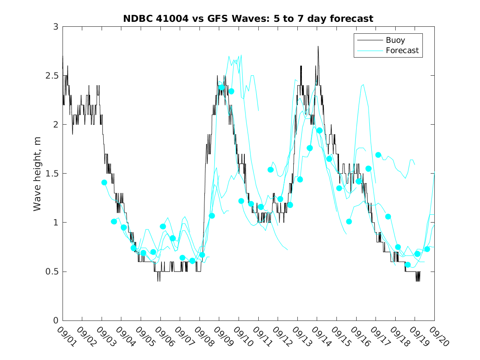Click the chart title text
coord(248,19)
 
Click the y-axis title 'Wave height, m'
coord(37,174)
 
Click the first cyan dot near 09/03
coord(104,182)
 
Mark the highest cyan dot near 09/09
coord(222,87)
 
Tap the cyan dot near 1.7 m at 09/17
coord(378,155)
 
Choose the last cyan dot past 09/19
coord(427,249)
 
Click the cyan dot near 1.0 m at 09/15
coord(349,221)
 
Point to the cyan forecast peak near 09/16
coord(363,85)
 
